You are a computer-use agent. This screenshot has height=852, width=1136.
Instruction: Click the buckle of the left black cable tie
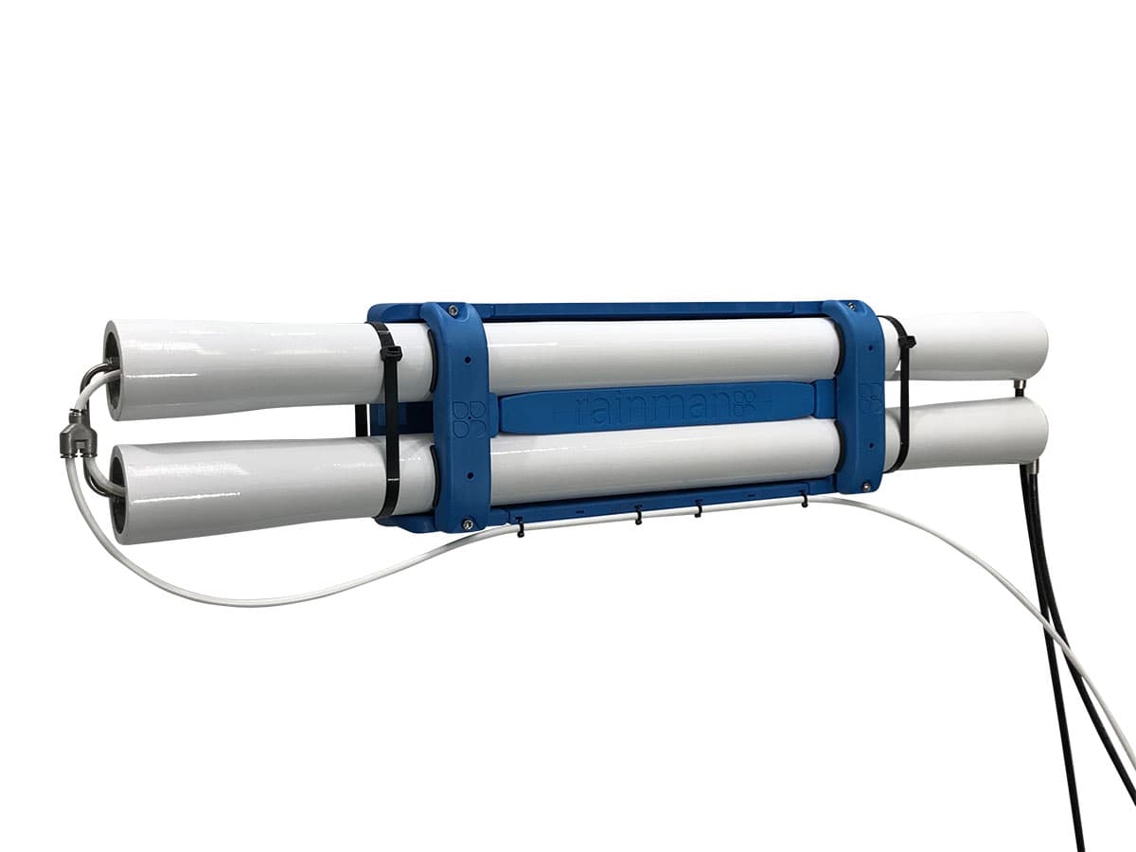pos(391,355)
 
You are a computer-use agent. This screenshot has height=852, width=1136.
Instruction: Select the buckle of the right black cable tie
pos(907,341)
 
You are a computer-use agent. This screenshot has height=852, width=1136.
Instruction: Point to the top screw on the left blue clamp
pos(453,310)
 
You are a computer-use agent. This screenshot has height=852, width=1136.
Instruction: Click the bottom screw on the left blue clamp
pos(468,524)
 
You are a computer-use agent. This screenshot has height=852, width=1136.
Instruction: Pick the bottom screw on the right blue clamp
pos(865,485)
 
